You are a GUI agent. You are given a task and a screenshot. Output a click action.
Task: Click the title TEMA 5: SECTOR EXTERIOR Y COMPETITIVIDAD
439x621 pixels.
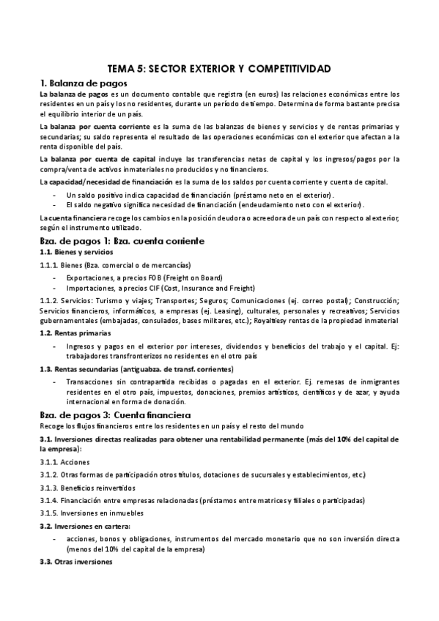[219, 68]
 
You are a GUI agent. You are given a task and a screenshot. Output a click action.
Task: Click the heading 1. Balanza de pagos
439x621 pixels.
[81, 83]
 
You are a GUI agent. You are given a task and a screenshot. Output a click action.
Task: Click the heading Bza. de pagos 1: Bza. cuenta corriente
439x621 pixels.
[121, 240]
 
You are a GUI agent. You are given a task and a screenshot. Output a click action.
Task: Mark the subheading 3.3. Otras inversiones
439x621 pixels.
[76, 561]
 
